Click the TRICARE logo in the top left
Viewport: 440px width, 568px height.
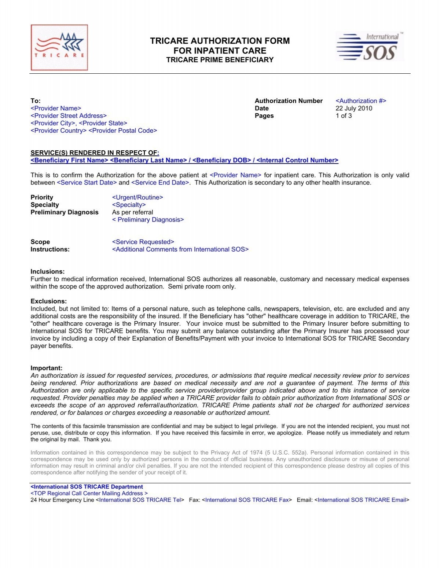59,47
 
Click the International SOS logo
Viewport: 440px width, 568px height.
369,47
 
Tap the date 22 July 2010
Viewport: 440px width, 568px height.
353,108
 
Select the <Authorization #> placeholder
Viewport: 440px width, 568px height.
361,101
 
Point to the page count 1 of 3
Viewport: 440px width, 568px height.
344,116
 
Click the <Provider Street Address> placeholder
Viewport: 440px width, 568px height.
69,116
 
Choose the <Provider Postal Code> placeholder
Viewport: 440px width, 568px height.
123,131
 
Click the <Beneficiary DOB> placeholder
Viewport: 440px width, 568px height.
221,160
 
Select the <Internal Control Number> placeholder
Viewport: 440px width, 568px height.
297,160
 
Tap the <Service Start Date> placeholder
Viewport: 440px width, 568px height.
87,183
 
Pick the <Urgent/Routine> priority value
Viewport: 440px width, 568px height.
137,197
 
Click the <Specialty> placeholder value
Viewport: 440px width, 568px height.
129,205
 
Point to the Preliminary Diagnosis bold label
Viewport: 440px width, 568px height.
65,212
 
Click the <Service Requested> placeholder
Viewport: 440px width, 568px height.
143,242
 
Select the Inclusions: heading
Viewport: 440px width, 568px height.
48,272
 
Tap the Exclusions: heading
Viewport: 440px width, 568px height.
49,301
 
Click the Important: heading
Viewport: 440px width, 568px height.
47,368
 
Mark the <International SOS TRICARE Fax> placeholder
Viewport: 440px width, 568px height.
247,500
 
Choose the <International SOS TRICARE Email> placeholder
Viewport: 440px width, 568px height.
362,500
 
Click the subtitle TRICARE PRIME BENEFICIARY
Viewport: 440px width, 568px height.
220,60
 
